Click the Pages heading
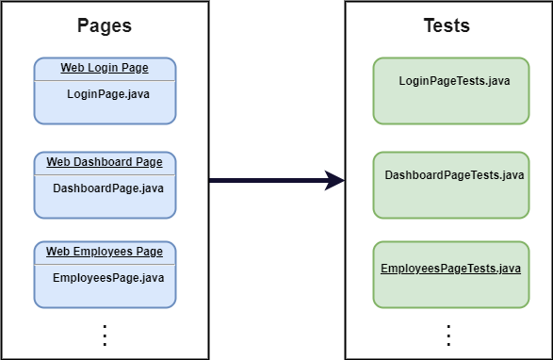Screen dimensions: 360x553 click(104, 25)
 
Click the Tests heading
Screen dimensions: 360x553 click(447, 25)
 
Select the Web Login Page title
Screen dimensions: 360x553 click(104, 68)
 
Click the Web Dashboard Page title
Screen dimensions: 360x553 click(104, 162)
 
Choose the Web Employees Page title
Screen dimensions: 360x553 click(104, 252)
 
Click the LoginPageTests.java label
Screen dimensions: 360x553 click(454, 81)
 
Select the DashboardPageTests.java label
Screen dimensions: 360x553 click(454, 175)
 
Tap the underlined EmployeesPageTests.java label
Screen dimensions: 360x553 click(450, 269)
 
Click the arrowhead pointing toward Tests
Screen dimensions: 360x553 click(334, 180)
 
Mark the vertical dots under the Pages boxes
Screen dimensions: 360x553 click(105, 335)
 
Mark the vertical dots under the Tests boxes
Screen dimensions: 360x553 click(448, 335)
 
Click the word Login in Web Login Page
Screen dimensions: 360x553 click(100, 68)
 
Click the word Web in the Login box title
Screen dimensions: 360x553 click(72, 68)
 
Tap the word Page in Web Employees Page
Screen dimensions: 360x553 click(150, 252)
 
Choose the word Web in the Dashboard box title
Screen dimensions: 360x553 click(57, 162)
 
